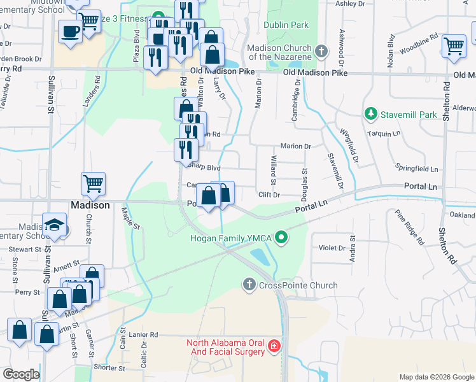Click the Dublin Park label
[286, 25]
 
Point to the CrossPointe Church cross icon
[249, 285]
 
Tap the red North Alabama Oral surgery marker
[274, 346]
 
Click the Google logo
[21, 374]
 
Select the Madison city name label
[90, 206]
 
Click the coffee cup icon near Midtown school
[69, 31]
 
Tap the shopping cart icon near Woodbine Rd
[454, 45]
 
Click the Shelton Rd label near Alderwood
[449, 106]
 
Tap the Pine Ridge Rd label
[409, 228]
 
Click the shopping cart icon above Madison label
[93, 184]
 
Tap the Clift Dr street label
[269, 194]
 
